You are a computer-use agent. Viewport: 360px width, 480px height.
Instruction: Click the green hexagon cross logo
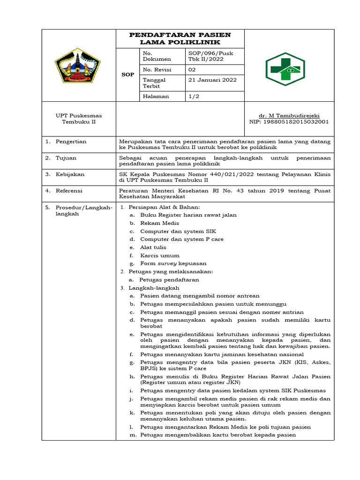coord(285,69)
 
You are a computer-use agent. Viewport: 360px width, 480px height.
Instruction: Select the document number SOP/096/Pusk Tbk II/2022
coord(210,56)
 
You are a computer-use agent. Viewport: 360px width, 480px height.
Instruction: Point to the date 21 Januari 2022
coord(212,80)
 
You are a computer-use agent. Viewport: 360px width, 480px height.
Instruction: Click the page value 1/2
coord(193,96)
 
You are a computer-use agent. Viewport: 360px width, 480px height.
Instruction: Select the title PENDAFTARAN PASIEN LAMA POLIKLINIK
coord(180,38)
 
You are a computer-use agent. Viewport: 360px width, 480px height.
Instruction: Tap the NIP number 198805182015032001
coord(289,121)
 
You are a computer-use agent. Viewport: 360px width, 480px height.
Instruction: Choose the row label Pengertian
coord(71,141)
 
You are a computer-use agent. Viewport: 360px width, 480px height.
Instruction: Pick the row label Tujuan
coord(66,158)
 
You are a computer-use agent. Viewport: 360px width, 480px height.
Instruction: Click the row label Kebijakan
coord(70,174)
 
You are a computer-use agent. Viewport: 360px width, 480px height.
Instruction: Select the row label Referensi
coord(69,191)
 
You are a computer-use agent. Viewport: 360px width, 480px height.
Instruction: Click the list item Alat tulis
coord(153,247)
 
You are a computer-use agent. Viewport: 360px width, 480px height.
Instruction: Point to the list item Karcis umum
coord(159,255)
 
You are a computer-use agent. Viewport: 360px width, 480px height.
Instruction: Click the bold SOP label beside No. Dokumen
coord(128,75)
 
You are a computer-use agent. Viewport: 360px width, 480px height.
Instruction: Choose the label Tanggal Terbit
coord(154,82)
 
